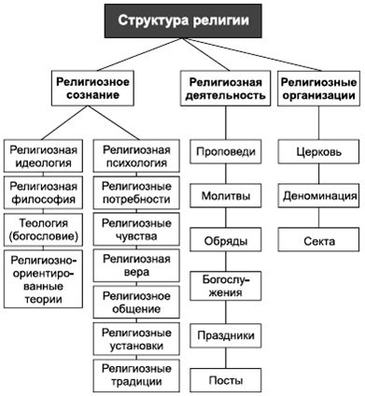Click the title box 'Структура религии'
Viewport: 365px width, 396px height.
coord(181,20)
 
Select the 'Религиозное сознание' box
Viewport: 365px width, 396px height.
coord(90,90)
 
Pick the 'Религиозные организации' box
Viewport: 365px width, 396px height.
coord(318,90)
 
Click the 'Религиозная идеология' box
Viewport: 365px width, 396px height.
coord(44,155)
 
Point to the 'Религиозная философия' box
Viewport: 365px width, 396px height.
coord(44,192)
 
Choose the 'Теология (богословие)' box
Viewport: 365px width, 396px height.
coord(44,230)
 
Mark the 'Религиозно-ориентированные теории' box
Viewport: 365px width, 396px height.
coord(44,278)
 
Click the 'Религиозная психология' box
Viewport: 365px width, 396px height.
coord(136,155)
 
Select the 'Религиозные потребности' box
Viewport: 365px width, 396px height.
coord(136,192)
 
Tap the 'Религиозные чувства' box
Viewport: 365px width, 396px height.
coord(136,230)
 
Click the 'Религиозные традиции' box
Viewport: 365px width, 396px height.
coord(136,374)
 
